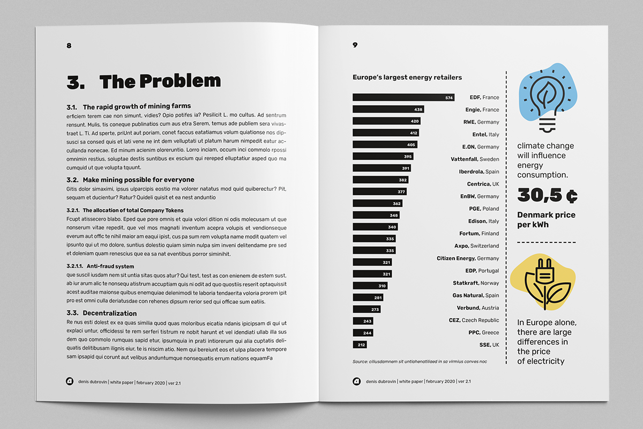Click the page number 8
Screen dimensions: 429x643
69,46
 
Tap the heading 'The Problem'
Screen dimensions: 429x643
160,82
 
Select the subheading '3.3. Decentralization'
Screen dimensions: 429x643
102,313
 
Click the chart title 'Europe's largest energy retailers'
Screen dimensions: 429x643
407,78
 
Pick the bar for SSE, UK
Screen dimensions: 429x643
360,345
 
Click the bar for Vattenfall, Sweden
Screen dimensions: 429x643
383,157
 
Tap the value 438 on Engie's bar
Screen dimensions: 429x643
418,109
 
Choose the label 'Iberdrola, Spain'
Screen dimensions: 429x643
478,172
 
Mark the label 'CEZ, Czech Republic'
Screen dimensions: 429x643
474,320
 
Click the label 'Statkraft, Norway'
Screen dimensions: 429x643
475,283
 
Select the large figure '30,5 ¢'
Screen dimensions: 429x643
547,195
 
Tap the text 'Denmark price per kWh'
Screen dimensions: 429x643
546,220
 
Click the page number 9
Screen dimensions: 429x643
355,45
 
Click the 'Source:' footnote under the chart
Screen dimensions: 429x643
420,361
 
